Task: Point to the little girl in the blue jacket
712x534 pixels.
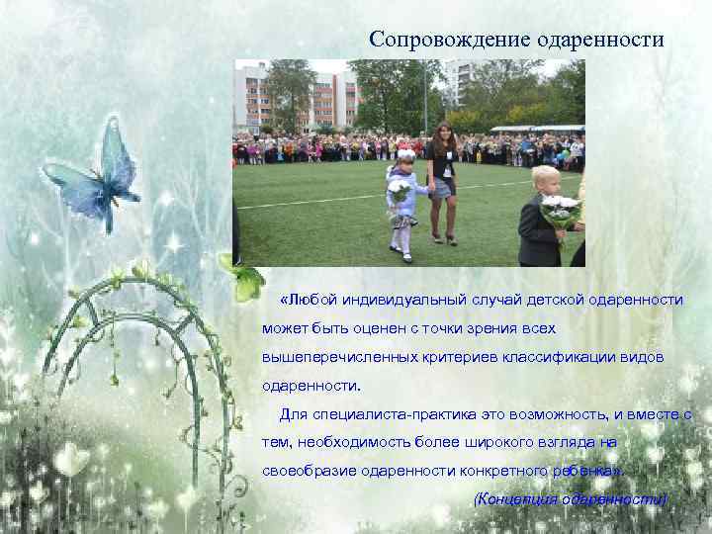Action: tap(402, 203)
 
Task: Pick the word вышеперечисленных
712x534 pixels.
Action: tap(335, 357)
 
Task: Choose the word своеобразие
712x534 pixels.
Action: tap(306, 471)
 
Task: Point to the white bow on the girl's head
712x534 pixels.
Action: tap(405, 154)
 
